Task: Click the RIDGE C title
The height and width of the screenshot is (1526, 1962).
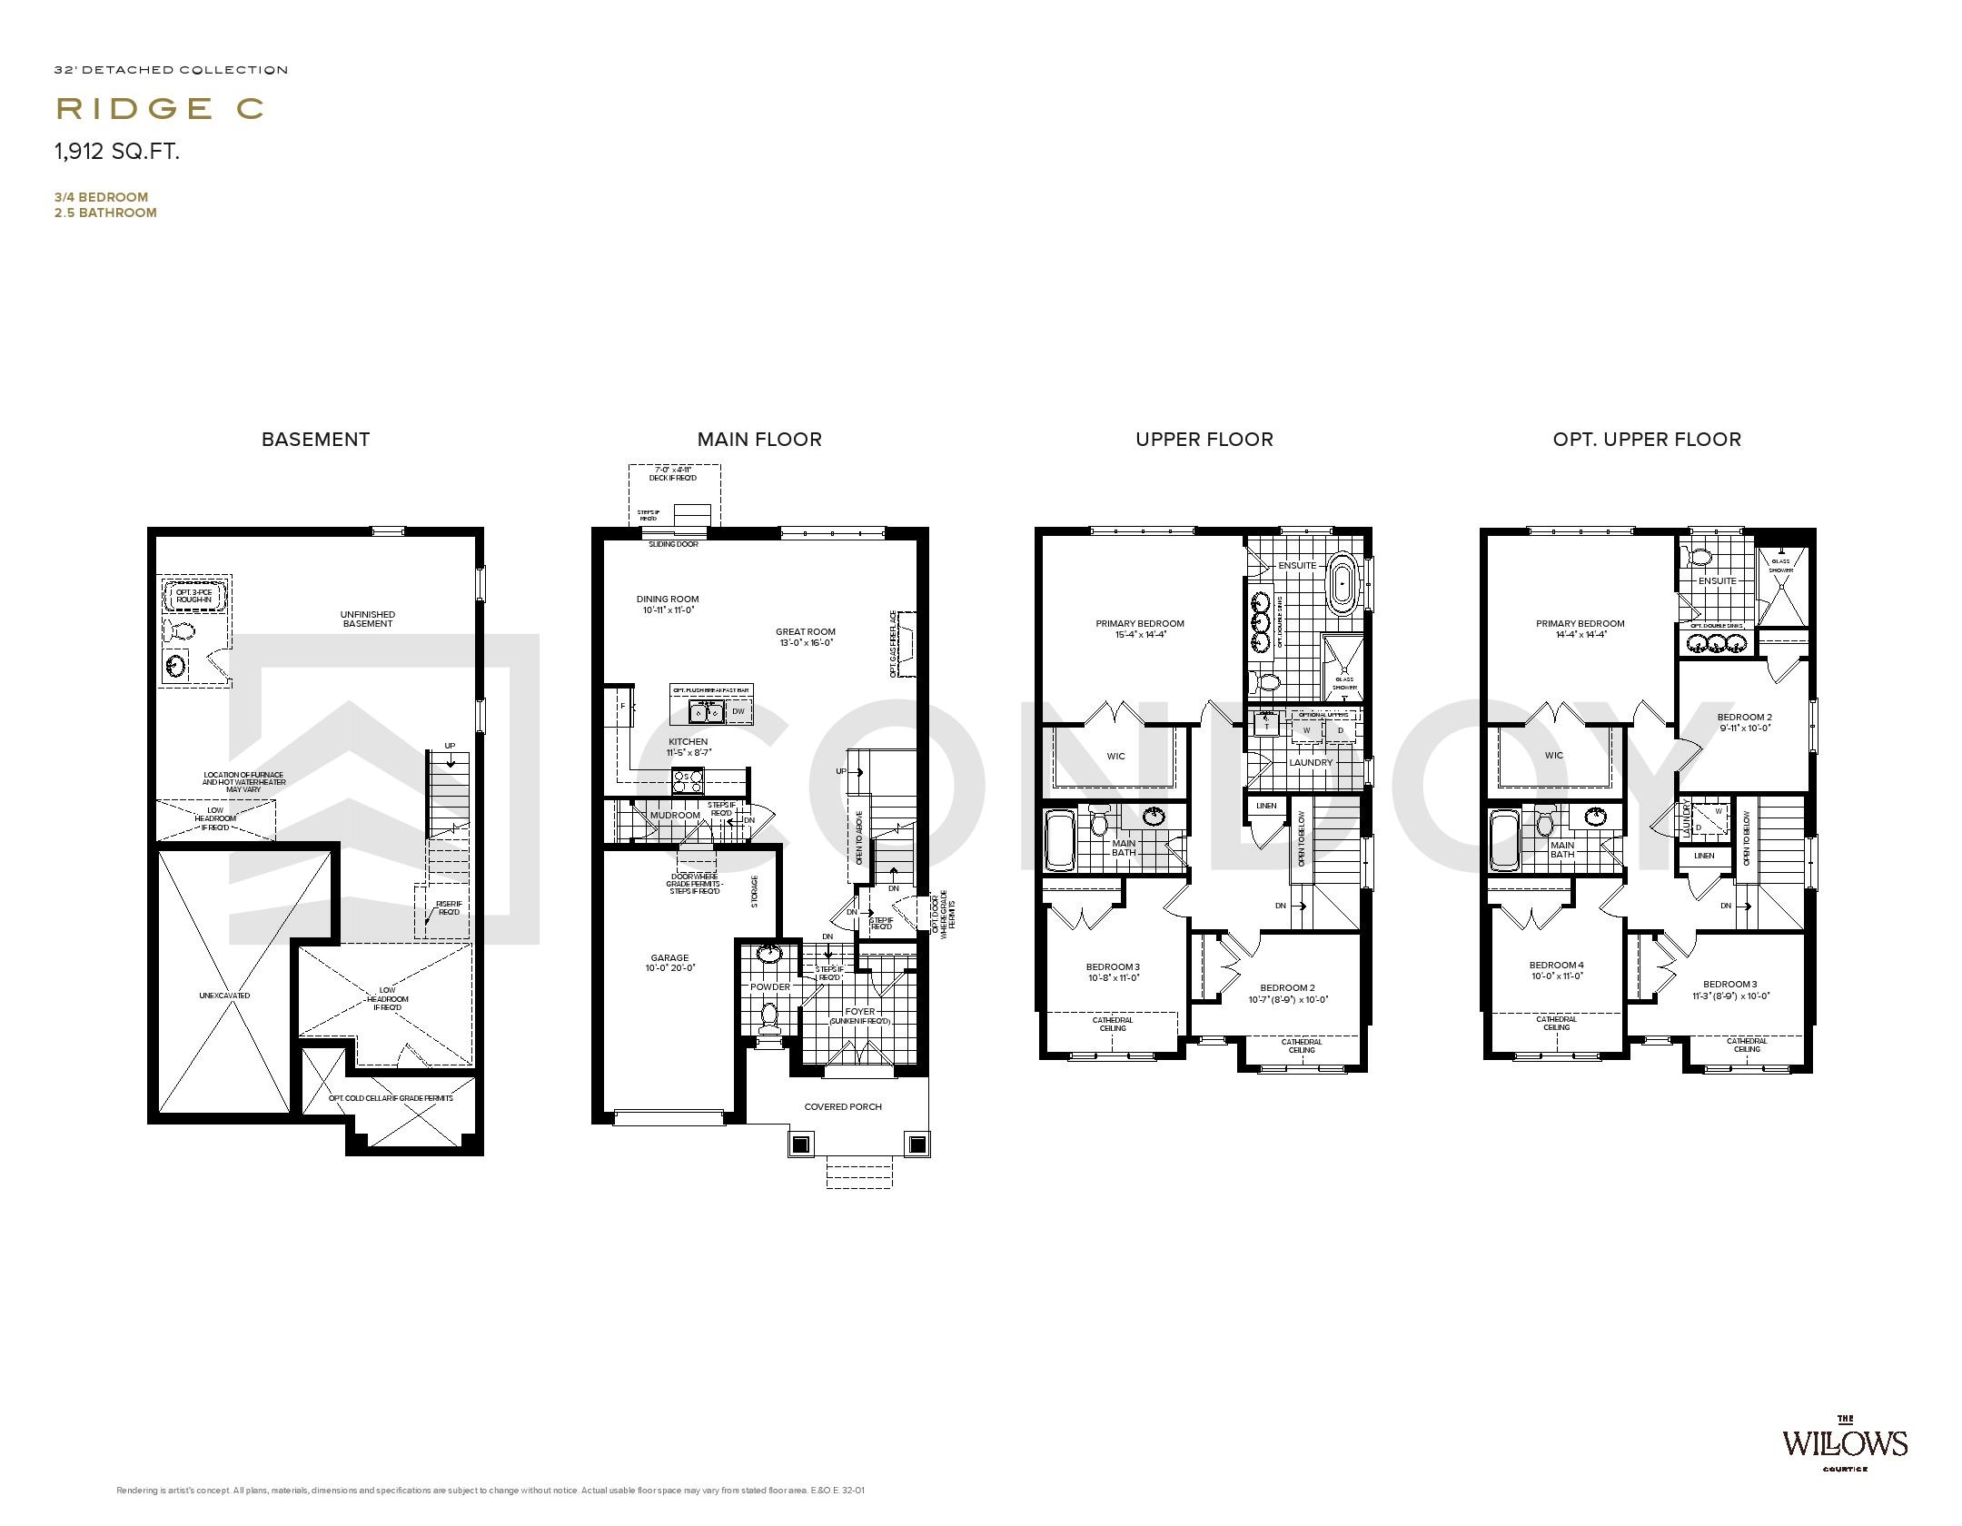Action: click(160, 108)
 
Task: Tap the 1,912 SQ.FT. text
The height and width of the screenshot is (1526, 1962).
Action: click(117, 152)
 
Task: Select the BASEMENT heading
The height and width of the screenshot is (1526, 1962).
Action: click(315, 440)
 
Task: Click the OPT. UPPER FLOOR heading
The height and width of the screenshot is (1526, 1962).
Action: click(1646, 440)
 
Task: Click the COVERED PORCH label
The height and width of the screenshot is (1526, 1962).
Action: click(843, 1106)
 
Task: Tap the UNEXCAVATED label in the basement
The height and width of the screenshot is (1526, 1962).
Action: click(224, 996)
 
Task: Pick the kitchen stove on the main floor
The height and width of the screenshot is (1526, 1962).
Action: click(687, 780)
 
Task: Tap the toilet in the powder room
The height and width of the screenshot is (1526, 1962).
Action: click(769, 1016)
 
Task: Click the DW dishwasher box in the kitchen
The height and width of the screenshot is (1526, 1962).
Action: click(738, 712)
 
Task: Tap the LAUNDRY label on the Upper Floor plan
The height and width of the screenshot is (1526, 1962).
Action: click(1311, 762)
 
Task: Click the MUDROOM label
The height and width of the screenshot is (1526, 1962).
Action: click(675, 815)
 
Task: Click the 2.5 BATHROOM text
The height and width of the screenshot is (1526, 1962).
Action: click(105, 213)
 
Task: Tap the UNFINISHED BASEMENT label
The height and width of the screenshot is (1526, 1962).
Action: click(368, 619)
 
